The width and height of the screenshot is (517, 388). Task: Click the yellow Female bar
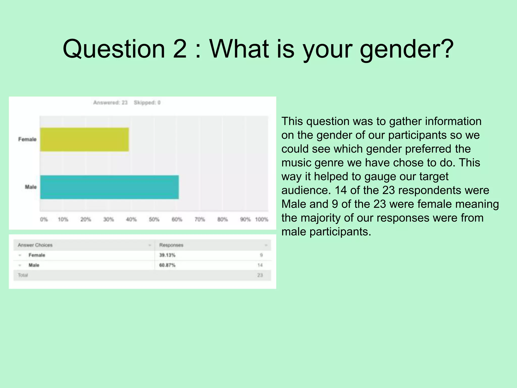click(x=84, y=139)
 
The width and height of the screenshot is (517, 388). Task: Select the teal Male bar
click(x=109, y=187)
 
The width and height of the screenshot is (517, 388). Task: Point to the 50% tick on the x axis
click(x=154, y=219)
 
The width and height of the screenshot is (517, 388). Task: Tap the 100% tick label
click(x=262, y=219)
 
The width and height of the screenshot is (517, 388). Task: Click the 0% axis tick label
click(x=44, y=219)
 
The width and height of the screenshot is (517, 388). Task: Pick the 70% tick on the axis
click(x=200, y=219)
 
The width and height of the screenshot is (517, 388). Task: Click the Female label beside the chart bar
click(x=27, y=139)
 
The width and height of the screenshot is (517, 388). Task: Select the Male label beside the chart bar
click(x=31, y=187)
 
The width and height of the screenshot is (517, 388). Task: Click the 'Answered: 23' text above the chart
click(x=110, y=103)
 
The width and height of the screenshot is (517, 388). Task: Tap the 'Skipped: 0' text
click(x=147, y=103)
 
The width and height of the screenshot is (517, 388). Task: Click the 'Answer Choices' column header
click(x=35, y=245)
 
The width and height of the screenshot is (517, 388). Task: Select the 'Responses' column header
click(x=171, y=245)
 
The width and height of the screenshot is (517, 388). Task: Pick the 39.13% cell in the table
click(x=167, y=255)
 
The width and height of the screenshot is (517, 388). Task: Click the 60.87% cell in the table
click(x=167, y=265)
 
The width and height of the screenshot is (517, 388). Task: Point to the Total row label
click(x=23, y=275)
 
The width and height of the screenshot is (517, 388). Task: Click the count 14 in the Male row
click(x=260, y=265)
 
